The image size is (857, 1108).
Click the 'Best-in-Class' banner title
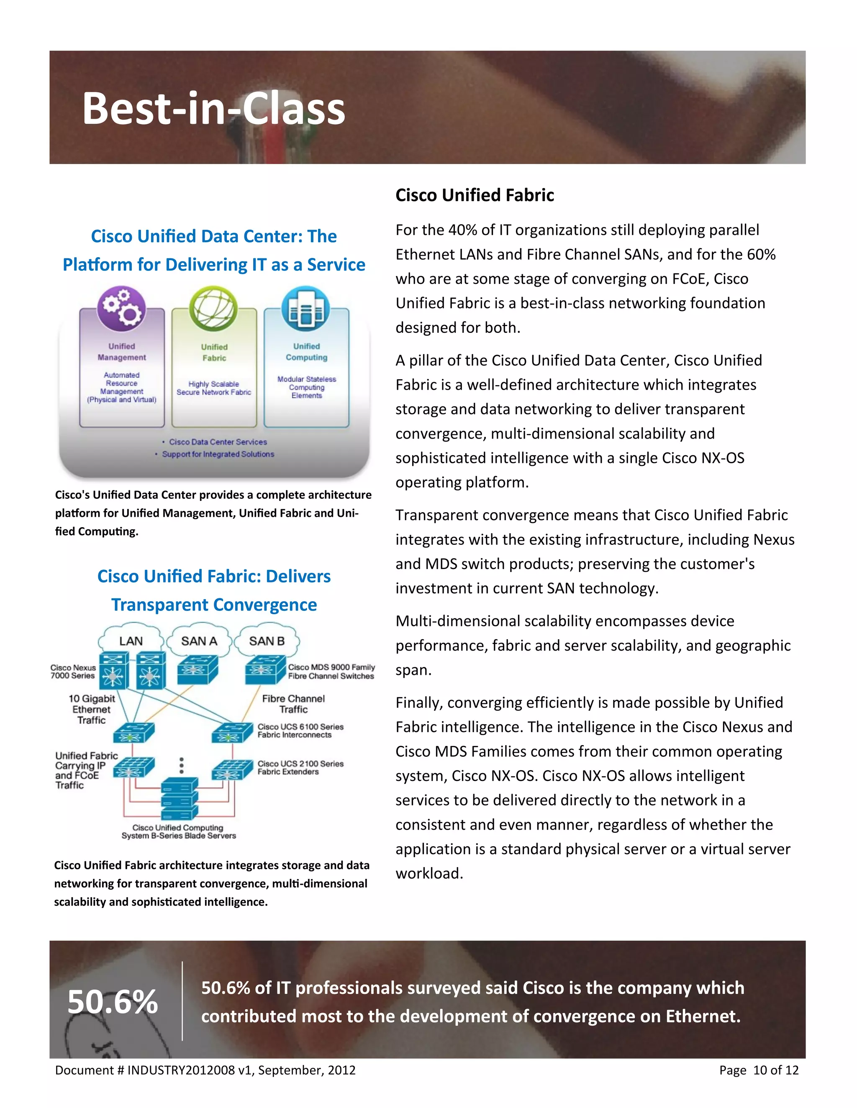tap(213, 109)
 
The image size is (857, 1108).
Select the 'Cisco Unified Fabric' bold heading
tap(474, 195)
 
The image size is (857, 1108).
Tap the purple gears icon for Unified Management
tap(122, 309)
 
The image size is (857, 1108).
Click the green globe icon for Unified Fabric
tap(213, 309)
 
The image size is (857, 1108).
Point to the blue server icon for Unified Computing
tap(305, 309)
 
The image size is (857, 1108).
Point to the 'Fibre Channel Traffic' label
tap(293, 704)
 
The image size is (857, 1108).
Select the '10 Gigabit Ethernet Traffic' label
tap(91, 709)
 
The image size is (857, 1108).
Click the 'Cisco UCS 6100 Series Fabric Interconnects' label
tap(300, 730)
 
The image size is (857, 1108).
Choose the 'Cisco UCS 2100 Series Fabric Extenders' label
tap(300, 768)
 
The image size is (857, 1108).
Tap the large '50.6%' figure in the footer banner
tap(113, 1002)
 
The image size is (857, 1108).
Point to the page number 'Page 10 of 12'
tap(759, 1070)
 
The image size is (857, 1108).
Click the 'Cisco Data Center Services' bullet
tap(218, 442)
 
